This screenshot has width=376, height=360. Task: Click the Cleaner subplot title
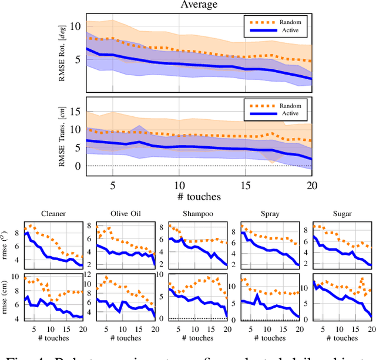[x=53, y=214]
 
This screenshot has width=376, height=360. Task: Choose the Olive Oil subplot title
[x=124, y=214]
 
